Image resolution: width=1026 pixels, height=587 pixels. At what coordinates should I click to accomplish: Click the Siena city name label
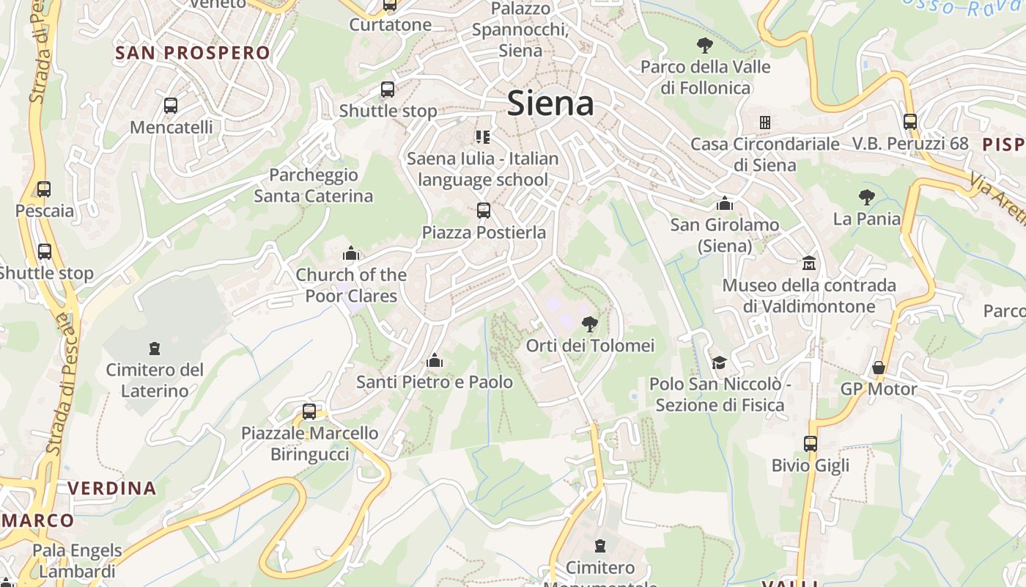tap(550, 103)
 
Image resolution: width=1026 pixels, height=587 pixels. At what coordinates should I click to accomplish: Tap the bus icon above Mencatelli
tap(171, 106)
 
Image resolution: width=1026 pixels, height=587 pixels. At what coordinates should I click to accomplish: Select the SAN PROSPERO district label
tap(193, 53)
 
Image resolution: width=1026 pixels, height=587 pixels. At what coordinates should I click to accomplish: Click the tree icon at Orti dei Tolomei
tap(589, 324)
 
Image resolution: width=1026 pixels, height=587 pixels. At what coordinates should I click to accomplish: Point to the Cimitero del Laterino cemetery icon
tap(155, 348)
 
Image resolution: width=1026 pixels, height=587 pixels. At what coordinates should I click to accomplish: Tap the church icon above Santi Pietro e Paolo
tap(435, 360)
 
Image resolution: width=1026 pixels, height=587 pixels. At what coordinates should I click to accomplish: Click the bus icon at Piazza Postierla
tap(483, 211)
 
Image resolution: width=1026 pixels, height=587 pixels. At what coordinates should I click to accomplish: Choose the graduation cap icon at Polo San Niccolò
tap(719, 362)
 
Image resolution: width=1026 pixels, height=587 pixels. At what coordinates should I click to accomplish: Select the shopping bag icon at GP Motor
tap(878, 368)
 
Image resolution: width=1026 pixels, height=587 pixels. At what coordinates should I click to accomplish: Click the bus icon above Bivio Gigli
tap(810, 443)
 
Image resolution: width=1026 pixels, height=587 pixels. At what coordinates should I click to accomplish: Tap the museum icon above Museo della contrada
tap(809, 263)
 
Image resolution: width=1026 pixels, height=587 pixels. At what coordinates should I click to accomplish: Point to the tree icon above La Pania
tap(866, 197)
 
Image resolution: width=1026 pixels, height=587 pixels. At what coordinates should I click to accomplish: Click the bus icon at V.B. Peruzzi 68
tap(909, 122)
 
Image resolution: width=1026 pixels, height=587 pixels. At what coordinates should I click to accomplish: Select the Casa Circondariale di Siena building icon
tap(764, 122)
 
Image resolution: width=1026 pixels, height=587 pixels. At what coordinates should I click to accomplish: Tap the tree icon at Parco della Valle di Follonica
tap(705, 45)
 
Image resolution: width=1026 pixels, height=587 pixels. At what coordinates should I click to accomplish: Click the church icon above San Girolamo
tap(725, 203)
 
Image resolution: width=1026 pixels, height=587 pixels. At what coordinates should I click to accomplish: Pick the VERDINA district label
tap(112, 488)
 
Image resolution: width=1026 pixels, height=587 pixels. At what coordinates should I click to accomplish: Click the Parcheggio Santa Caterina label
tap(313, 185)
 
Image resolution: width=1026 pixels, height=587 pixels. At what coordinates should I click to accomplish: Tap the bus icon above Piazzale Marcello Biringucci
tap(309, 411)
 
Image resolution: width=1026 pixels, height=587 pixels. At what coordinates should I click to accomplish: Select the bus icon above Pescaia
tap(44, 189)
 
